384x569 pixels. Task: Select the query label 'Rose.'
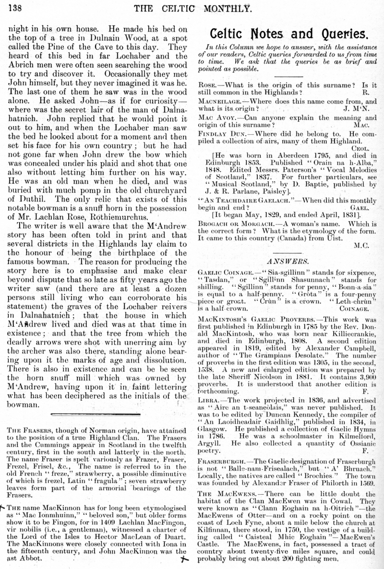(207, 85)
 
